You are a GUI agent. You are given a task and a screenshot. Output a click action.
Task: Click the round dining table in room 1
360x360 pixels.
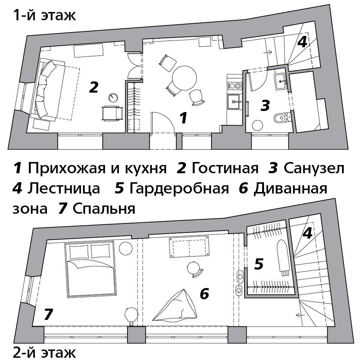184,78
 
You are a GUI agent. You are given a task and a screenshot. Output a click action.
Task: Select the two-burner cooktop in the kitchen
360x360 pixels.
234,86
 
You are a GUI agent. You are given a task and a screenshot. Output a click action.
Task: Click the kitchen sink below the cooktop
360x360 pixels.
234,102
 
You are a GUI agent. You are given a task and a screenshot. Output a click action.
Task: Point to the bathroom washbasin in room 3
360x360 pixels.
280,81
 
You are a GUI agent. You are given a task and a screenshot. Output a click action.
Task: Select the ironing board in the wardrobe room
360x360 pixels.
282,257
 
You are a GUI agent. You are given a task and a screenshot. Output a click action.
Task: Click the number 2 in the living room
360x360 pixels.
94,87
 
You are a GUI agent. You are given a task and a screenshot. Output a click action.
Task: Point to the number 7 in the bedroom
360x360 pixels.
48,314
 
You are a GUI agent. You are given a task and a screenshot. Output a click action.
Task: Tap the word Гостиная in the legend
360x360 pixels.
225,168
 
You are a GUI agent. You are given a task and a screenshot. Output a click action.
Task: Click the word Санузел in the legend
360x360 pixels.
314,168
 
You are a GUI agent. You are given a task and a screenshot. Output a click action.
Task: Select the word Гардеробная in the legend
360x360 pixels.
179,188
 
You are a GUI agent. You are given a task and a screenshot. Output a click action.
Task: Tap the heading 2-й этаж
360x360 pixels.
44,352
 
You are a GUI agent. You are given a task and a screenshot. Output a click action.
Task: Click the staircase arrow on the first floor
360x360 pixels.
267,52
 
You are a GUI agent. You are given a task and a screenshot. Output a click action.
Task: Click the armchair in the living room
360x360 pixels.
112,113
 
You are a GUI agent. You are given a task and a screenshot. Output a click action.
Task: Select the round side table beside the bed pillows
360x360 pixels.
126,248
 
